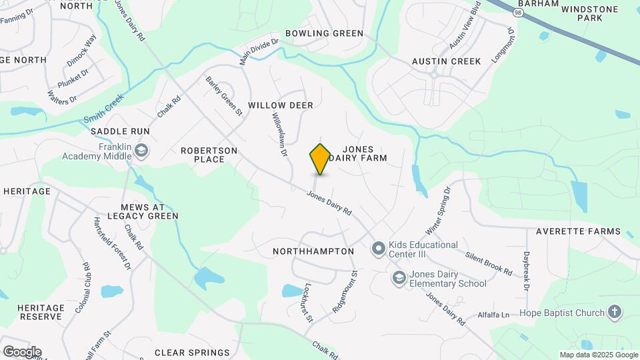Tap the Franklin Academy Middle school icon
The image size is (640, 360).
click(141, 151)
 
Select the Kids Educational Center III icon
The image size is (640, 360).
click(379, 249)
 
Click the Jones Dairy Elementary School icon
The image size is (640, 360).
click(399, 278)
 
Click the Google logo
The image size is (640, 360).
click(22, 352)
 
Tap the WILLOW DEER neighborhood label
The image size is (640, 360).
click(281, 106)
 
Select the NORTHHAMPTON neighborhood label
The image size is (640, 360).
click(313, 251)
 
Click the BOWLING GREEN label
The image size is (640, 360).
click(324, 33)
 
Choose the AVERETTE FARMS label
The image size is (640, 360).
click(579, 232)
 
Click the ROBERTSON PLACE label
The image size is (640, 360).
click(209, 155)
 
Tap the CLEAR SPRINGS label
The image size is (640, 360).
click(192, 353)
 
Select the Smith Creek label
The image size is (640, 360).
click(104, 111)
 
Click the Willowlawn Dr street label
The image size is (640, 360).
click(279, 134)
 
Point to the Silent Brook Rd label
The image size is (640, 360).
click(489, 264)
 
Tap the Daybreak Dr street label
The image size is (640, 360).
click(525, 271)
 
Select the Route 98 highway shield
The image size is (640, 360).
click(518, 13)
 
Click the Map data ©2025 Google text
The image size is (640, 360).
click(598, 355)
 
